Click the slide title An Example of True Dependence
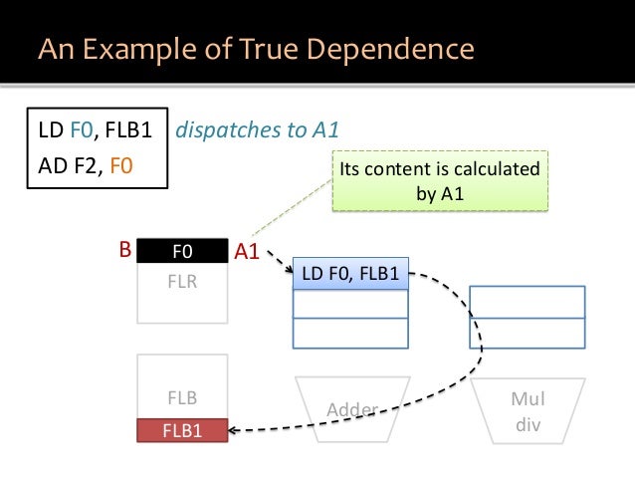[x=256, y=49]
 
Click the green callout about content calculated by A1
[x=439, y=180]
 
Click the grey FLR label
[x=182, y=281]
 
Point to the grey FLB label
[x=182, y=399]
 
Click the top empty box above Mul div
[x=528, y=301]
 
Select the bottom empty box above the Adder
[x=350, y=333]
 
